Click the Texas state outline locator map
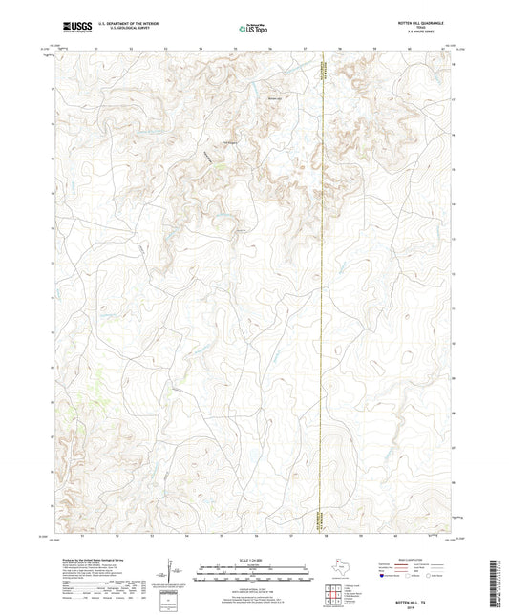click(x=337, y=574)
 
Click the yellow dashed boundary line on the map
click(x=325, y=286)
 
